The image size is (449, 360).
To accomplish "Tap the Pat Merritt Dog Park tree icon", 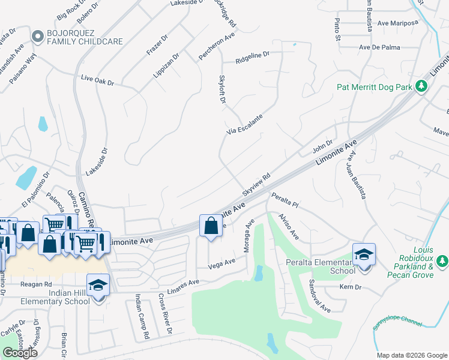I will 421,87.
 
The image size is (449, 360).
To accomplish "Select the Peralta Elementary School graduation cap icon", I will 363,254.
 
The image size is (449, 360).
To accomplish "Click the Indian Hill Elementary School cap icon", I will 98,284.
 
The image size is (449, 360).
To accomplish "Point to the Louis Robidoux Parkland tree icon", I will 442,261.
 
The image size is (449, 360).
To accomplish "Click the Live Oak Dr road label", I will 97,80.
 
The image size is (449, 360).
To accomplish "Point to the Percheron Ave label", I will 217,48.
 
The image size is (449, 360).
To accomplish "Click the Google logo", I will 20,353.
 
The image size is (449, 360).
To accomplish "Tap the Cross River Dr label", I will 164,313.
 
